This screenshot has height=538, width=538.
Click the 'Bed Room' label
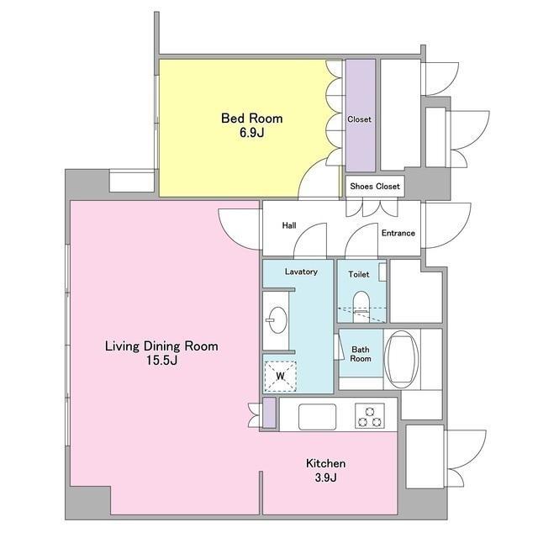pos(252,119)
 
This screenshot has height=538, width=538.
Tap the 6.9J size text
pos(252,133)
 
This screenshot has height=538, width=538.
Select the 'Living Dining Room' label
pos(161,345)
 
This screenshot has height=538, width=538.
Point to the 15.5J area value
pos(161,361)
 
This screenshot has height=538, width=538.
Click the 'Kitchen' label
pos(325,463)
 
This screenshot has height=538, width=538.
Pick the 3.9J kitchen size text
pos(325,477)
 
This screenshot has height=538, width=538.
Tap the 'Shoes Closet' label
pos(375,187)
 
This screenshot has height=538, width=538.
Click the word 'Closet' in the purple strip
pos(359,119)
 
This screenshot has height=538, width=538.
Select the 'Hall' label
pos(289,225)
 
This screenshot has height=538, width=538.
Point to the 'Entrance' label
pos(398,233)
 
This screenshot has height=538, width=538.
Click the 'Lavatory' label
pos(301,272)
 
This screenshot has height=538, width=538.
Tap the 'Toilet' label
pos(359,274)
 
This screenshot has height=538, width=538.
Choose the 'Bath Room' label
pos(361,354)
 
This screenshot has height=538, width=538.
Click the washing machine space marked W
pos(280,377)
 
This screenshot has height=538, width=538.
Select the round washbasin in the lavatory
pos(277,319)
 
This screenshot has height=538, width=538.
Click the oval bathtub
pos(402,359)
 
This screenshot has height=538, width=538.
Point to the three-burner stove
pos(370,416)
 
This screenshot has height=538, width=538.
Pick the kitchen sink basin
pos(318,417)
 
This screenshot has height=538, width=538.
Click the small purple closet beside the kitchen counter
pos(269,413)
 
